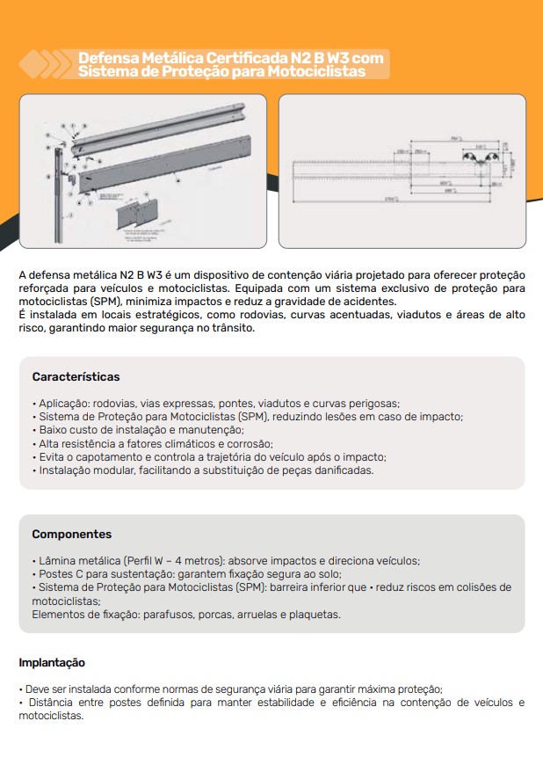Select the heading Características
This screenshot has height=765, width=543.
(76, 376)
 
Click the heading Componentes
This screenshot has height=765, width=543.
(71, 534)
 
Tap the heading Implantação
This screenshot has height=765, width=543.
(52, 662)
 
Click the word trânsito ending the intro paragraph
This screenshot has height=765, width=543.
(230, 328)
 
